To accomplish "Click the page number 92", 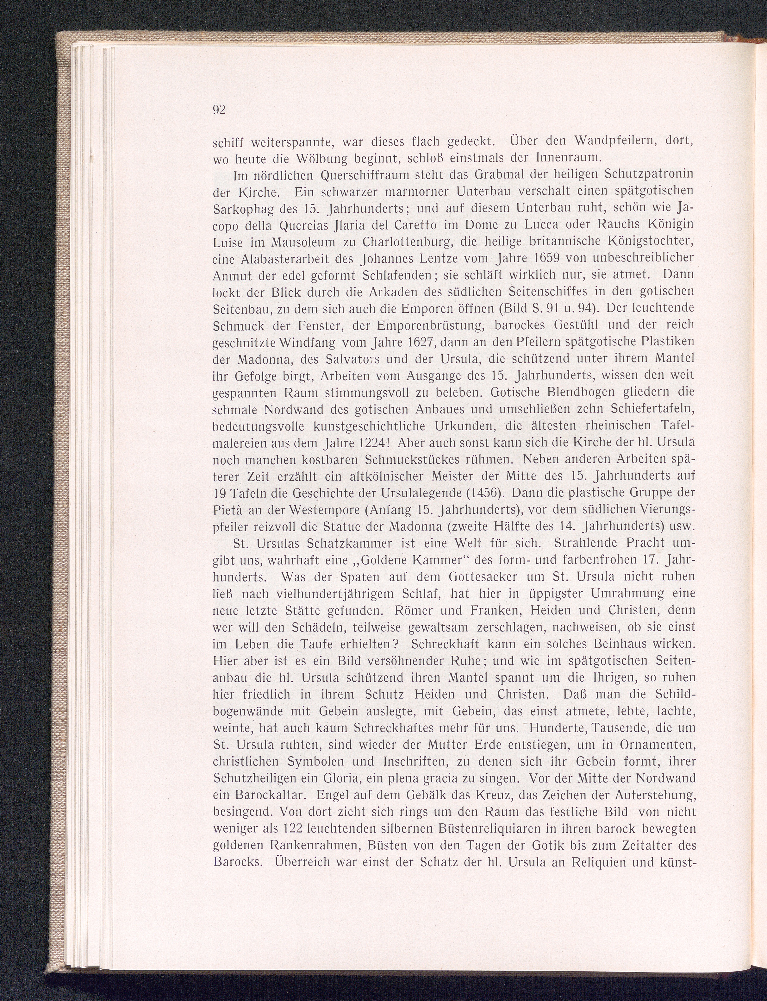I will (219, 110).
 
